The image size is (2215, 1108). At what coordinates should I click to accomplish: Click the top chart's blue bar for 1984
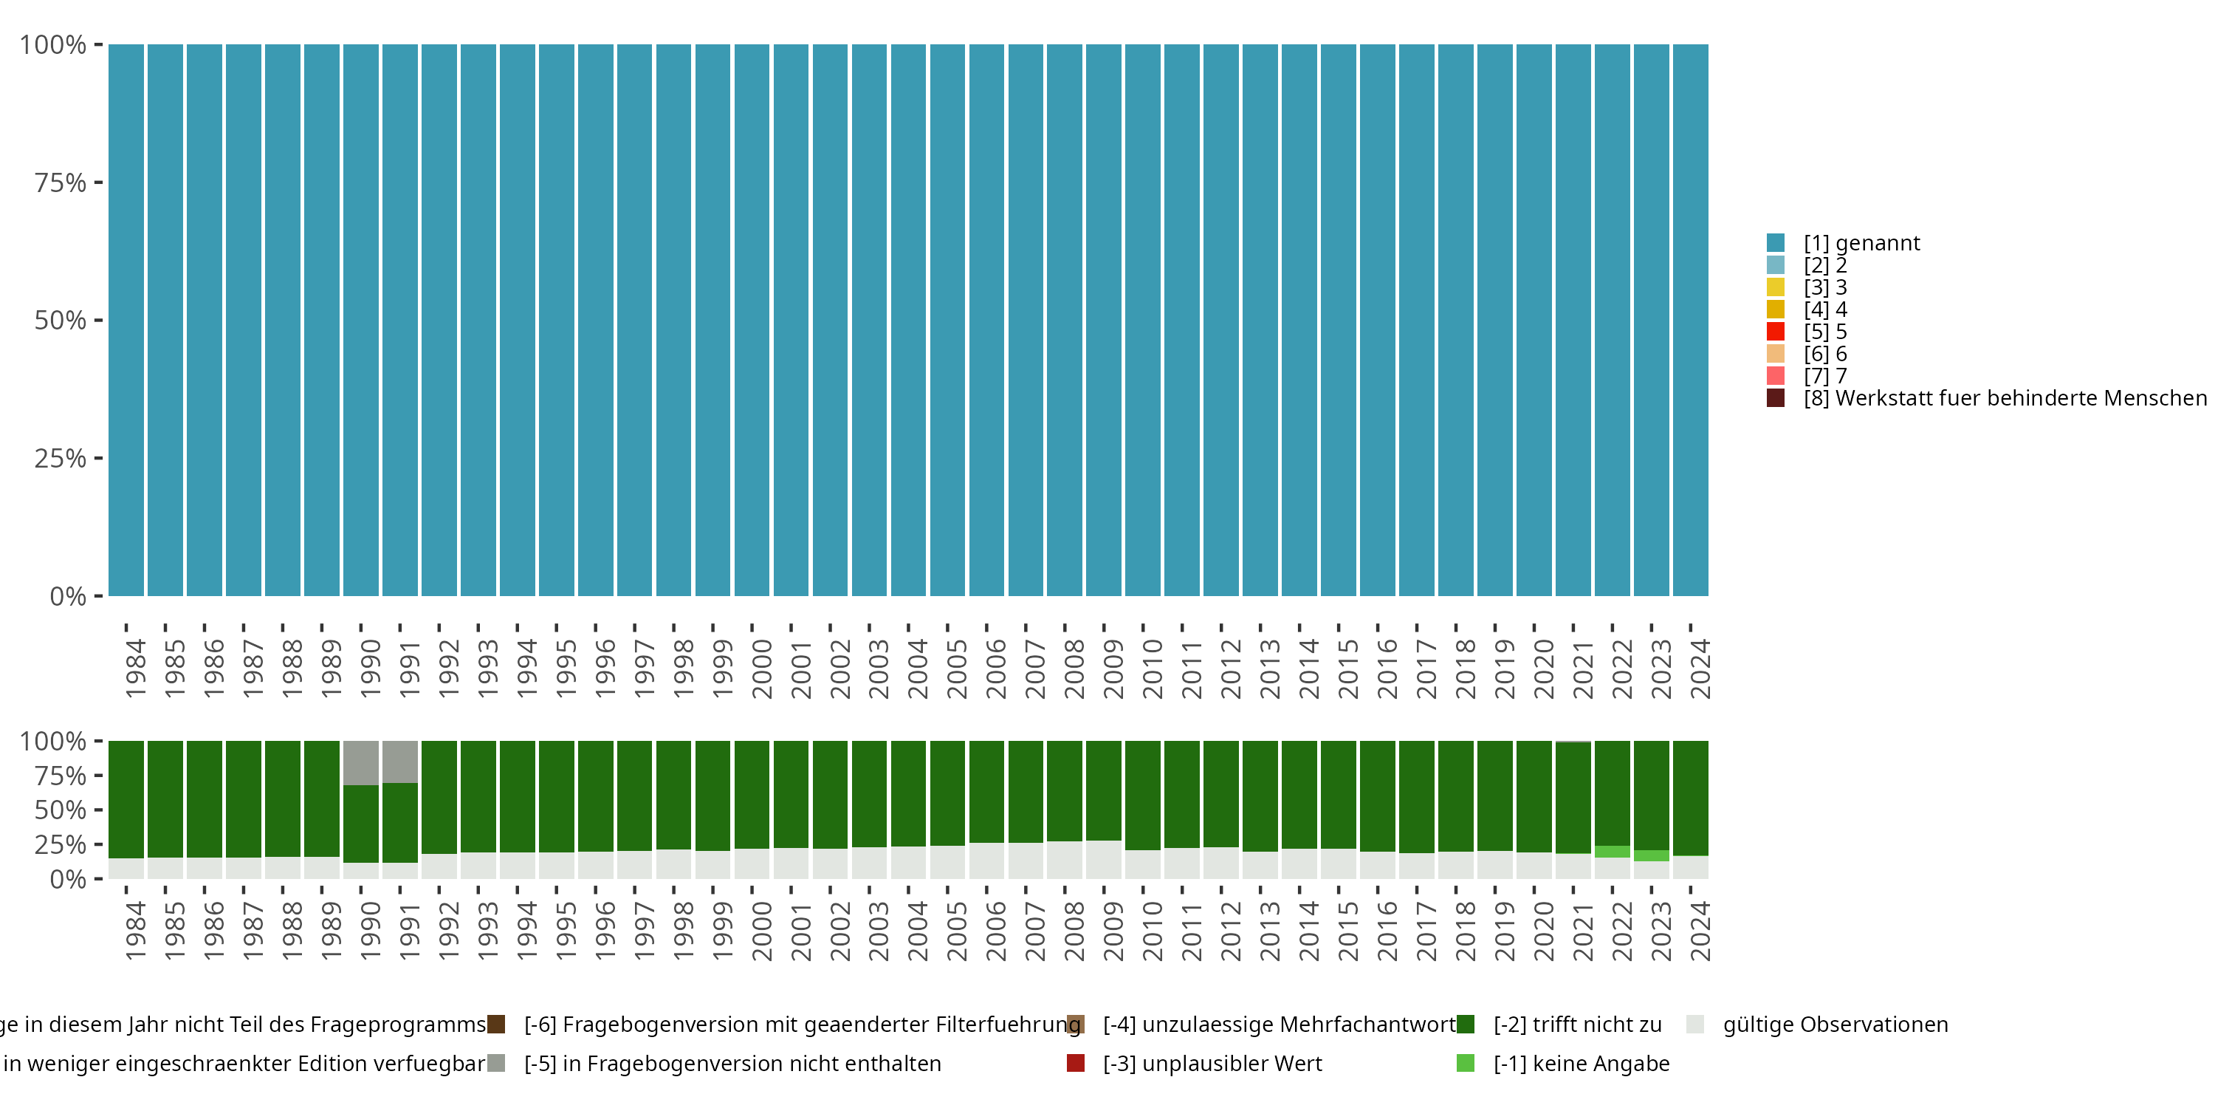[x=126, y=320]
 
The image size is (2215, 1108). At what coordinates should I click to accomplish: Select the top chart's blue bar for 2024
[x=1691, y=320]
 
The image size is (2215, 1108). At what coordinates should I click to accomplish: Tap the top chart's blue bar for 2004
[x=908, y=320]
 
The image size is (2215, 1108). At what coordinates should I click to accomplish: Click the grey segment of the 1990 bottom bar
[x=360, y=762]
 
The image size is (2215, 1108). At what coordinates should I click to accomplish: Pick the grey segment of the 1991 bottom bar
[x=400, y=762]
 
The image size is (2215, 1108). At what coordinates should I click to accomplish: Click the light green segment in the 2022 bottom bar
[x=1613, y=852]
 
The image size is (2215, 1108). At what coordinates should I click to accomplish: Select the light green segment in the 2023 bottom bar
[x=1651, y=856]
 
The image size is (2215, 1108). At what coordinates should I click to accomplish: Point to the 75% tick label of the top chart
[x=61, y=182]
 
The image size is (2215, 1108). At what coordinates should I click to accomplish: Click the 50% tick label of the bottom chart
[x=61, y=810]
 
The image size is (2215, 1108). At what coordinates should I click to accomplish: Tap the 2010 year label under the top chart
[x=1153, y=669]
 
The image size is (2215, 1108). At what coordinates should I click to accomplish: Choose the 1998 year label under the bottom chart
[x=683, y=931]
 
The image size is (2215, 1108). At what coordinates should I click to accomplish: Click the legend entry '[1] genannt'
[x=1861, y=244]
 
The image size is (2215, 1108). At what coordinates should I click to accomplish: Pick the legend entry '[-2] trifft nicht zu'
[x=1577, y=1025]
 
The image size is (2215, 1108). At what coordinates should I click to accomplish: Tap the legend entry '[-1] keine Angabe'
[x=1581, y=1064]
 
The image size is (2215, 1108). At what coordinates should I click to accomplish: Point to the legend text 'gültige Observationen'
[x=1835, y=1025]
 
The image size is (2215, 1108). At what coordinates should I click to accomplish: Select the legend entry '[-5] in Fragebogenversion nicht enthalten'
[x=732, y=1064]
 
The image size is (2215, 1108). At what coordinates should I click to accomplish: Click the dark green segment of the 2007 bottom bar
[x=1026, y=791]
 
